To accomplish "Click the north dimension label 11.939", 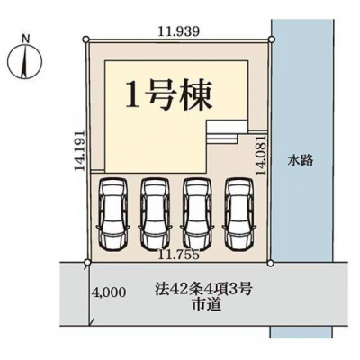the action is [x=179, y=31].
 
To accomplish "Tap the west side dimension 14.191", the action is [x=80, y=150].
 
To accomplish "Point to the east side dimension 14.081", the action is [x=261, y=156].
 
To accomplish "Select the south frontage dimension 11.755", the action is [x=179, y=255].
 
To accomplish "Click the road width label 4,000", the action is [x=109, y=292].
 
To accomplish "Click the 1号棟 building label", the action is [x=168, y=95].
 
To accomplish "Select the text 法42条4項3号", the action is [x=202, y=290].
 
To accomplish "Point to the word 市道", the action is [x=207, y=305].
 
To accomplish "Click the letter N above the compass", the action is [x=26, y=39].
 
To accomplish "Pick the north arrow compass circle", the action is [x=25, y=59].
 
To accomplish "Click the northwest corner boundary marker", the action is [x=86, y=39].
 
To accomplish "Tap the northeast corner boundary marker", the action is [x=271, y=39].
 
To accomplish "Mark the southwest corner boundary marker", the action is [x=87, y=263].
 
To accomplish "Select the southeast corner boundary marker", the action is [x=271, y=263].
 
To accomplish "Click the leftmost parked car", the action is [x=113, y=214].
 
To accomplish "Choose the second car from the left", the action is [x=156, y=214].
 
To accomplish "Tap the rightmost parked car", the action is [x=239, y=214].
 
